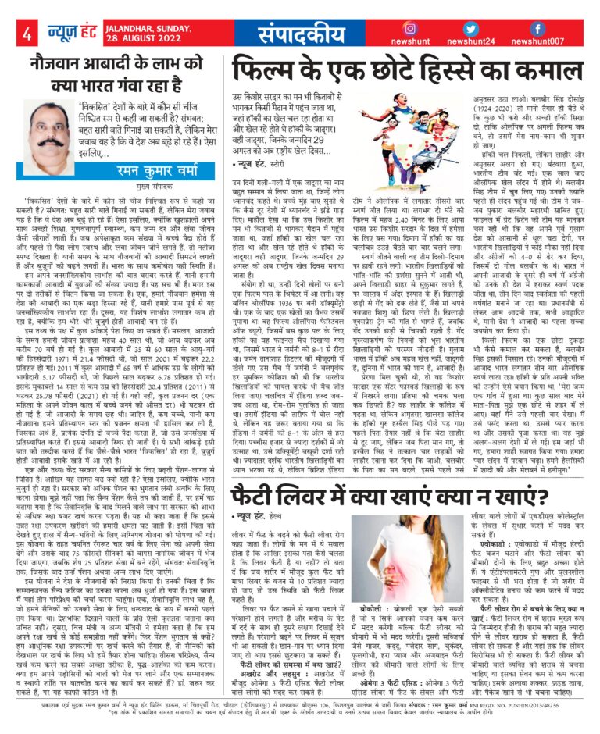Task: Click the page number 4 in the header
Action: click(x=27, y=33)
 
